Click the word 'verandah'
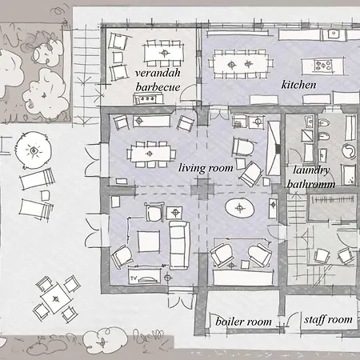point(158,73)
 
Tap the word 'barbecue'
point(158,87)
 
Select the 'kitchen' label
point(298,85)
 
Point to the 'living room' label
point(206,168)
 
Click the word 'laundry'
point(311,170)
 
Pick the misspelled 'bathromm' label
point(311,184)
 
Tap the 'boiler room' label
point(243,322)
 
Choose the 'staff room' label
point(328,319)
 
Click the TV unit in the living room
point(145,276)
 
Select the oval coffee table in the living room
point(239,208)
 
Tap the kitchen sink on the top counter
point(334,34)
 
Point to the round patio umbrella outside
point(33,150)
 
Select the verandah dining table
point(164,53)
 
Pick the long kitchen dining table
point(241,64)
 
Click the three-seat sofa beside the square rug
point(180,245)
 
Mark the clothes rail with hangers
point(334,200)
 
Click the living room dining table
point(150,154)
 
